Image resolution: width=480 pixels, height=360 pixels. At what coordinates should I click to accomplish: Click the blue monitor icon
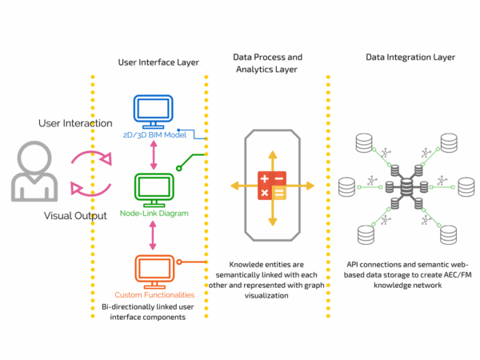153,111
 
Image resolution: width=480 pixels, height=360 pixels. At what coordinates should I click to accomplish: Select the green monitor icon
154,190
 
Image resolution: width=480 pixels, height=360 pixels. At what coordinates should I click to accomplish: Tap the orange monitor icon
154,272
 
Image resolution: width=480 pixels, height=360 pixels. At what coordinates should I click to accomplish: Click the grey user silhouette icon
34,171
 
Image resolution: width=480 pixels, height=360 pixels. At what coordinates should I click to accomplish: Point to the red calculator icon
272,186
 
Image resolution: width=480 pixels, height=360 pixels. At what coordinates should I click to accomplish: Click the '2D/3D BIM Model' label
154,135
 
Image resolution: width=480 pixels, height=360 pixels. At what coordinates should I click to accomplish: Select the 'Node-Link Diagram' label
154,214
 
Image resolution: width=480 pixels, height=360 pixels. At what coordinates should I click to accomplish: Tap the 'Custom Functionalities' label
154,294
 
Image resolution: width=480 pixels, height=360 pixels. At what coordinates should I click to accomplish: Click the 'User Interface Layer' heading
158,62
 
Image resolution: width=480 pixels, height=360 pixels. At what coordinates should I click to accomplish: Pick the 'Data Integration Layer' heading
410,58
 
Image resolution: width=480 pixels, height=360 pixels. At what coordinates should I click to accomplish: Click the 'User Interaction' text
75,123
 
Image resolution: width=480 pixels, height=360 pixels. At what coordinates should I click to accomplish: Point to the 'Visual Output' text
75,216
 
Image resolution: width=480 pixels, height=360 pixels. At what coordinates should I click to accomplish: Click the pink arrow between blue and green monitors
154,155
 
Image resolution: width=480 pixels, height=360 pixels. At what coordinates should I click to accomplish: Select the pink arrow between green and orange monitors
153,235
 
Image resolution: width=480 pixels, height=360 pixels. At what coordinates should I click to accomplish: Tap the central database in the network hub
406,187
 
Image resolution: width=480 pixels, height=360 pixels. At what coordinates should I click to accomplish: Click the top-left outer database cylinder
364,142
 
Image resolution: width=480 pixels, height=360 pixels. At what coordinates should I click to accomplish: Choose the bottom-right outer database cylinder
449,235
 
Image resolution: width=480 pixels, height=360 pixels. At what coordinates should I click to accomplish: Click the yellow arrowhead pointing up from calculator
273,154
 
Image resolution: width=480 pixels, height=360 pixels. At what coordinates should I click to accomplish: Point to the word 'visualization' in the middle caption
266,296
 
